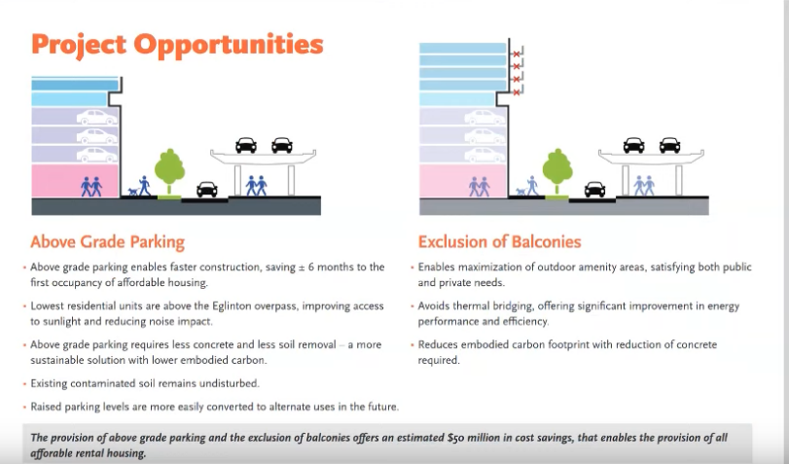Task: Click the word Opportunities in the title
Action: [228, 45]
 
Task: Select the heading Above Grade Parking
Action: [108, 242]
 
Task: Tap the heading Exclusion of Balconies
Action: [500, 242]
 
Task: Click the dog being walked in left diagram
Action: [133, 192]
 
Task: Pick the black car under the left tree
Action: [207, 190]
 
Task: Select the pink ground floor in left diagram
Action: [75, 180]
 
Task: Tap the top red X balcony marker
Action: [516, 54]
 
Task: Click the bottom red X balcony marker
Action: [516, 92]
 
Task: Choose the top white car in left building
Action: [97, 118]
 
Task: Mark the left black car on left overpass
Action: [246, 146]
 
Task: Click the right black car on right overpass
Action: [669, 146]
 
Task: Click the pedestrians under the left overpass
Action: [256, 186]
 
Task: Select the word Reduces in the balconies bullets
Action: [437, 344]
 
